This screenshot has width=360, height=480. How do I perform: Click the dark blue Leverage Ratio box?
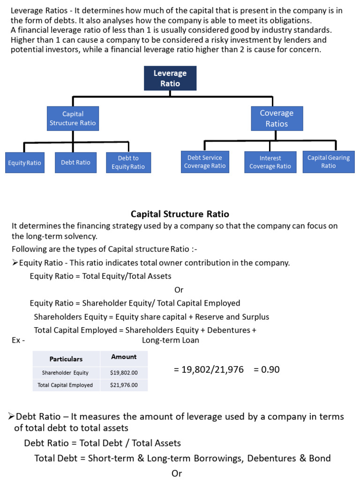170,78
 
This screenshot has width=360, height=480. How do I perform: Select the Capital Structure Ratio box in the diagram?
73,119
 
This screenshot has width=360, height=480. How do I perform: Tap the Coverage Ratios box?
277,119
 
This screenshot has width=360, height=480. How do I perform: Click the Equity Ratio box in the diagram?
24,163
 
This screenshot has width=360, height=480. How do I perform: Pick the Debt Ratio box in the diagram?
75,162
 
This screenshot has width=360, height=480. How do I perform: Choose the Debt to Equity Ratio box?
128,162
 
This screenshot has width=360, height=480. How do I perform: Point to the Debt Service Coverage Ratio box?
205,162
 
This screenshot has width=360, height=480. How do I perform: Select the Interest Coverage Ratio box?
270,162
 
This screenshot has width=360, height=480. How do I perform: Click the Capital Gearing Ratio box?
329,162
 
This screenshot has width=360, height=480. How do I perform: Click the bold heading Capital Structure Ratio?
180,214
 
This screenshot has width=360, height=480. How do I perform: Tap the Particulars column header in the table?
66,359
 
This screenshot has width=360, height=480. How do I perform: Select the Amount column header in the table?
124,357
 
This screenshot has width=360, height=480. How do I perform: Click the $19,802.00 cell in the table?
124,373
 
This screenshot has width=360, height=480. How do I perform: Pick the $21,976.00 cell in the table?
124,385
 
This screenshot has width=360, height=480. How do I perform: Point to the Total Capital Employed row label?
65,385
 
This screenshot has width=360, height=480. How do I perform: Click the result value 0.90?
267,370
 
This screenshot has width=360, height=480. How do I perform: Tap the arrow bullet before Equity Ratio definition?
15,263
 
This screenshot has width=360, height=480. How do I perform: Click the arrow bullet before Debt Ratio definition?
12,417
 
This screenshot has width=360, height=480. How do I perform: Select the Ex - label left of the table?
18,340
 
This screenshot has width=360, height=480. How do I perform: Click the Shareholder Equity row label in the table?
65,373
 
